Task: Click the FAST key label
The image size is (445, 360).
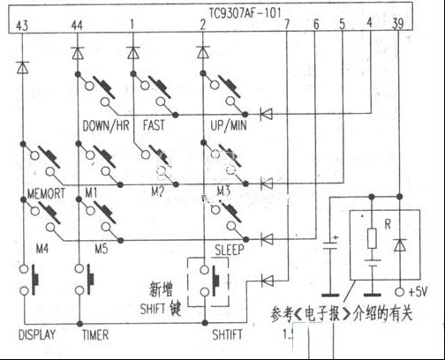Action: pyautogui.click(x=152, y=127)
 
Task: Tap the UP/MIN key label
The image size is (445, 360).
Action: pyautogui.click(x=225, y=127)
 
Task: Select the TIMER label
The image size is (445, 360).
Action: pyautogui.click(x=95, y=335)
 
